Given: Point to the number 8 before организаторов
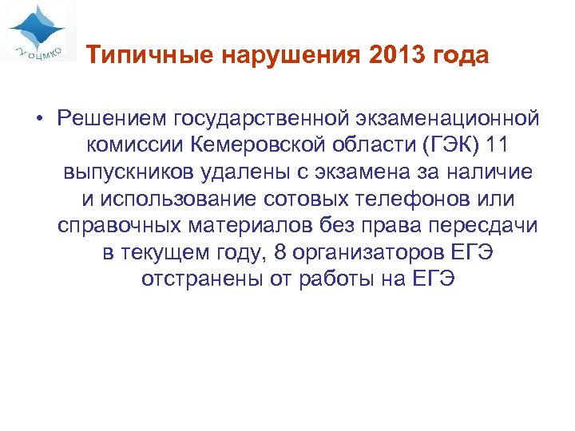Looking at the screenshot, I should click(279, 253).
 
